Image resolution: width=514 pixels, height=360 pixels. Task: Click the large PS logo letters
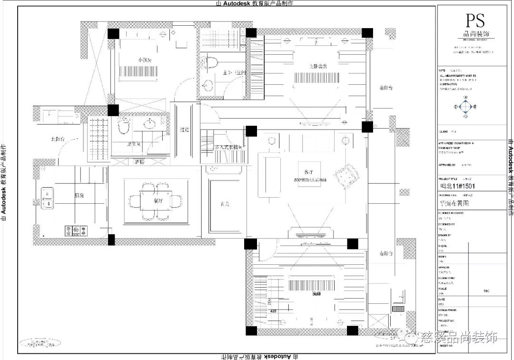(x=475, y=20)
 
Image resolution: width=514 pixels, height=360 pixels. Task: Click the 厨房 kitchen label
(x=79, y=195)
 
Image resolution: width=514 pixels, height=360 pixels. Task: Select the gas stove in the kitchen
(x=76, y=231)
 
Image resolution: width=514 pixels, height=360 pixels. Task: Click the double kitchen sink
(x=47, y=198)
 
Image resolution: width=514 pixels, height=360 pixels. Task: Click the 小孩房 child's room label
(x=145, y=60)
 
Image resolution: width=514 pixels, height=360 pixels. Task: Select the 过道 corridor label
(x=185, y=129)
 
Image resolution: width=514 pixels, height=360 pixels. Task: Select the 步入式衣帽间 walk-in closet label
(x=229, y=148)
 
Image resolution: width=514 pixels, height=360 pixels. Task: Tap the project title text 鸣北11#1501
(x=457, y=186)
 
